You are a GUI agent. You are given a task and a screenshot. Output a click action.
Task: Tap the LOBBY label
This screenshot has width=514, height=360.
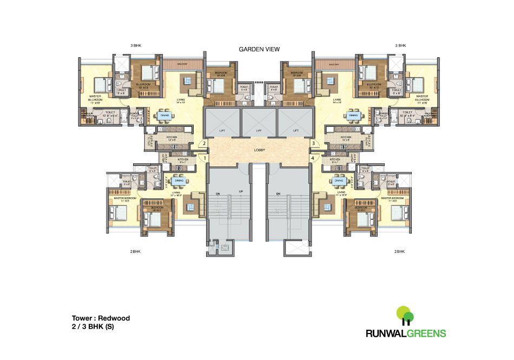[259, 151]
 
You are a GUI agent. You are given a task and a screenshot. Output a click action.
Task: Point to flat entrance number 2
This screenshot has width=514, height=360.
[204, 144]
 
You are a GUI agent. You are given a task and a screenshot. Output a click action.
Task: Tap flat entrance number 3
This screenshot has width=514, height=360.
[313, 144]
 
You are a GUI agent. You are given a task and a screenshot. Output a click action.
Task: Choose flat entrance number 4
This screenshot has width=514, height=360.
[313, 158]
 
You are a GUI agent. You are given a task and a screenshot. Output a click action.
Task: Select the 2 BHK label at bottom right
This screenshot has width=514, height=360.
[399, 252]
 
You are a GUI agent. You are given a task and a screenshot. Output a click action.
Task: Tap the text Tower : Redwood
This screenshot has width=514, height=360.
[101, 318]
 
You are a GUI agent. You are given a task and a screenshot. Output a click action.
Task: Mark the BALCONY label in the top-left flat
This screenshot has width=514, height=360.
[182, 64]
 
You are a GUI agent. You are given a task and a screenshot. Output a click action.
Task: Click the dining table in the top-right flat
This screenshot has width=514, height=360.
[354, 115]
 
